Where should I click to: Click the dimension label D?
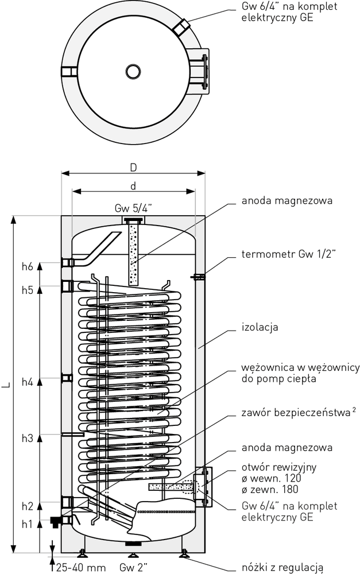[x=133, y=168]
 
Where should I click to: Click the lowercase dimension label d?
[x=133, y=186]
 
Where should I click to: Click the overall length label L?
[x=5, y=385]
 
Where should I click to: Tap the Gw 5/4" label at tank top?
[x=133, y=208]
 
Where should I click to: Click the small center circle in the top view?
[x=133, y=71]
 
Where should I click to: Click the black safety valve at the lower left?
[x=55, y=522]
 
